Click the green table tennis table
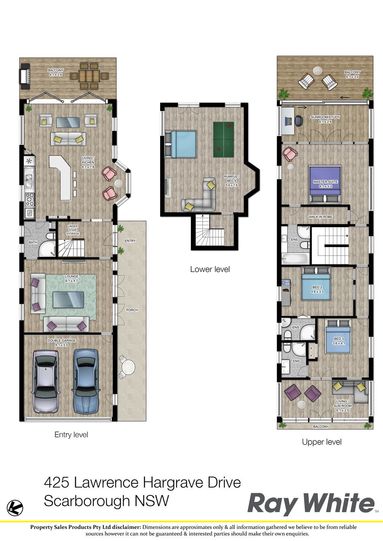click(224, 139)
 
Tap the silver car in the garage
click(46, 381)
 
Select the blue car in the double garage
click(86, 381)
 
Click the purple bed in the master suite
click(325, 184)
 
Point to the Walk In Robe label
click(321, 217)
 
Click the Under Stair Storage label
click(73, 230)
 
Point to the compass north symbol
click(15, 508)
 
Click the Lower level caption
click(210, 269)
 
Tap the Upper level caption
click(322, 442)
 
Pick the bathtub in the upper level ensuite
click(295, 259)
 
